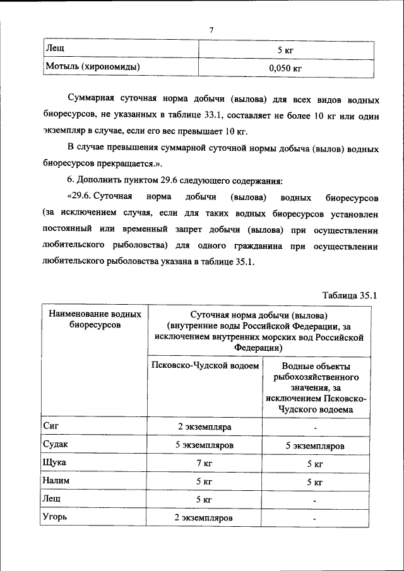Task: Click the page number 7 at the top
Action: (212, 30)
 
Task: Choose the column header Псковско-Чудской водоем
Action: (206, 366)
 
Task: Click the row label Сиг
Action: (51, 427)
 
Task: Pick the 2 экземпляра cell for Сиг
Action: (203, 427)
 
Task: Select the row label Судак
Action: (56, 445)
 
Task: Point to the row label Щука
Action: (56, 462)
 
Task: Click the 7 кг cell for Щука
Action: (203, 463)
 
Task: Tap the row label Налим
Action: (57, 481)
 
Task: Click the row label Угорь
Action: (56, 517)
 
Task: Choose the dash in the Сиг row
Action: (315, 428)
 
